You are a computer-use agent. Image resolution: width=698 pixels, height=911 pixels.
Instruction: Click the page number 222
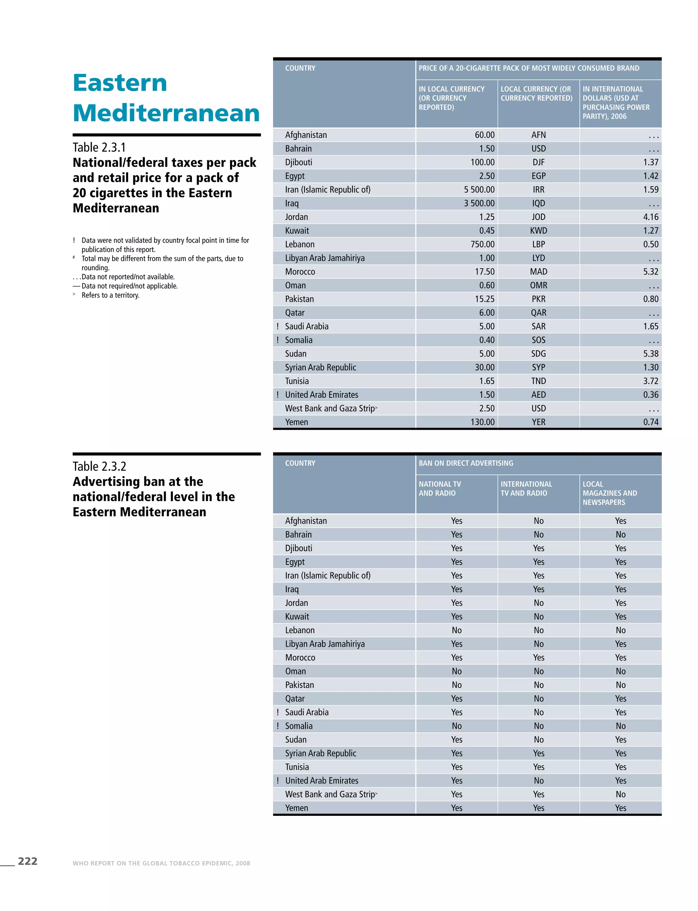coord(27,861)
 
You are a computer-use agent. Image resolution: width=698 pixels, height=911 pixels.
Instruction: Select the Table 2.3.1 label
coord(99,147)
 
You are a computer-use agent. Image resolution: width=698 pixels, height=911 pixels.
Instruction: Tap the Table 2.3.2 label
coord(99,466)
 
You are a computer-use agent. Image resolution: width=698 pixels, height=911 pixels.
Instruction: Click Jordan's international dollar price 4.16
coord(650,217)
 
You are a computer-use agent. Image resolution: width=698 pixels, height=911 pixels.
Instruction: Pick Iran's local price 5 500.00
coord(479,190)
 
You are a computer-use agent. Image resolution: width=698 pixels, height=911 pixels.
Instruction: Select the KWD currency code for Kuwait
coord(538,231)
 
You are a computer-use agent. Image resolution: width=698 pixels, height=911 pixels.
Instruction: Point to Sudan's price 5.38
coord(650,354)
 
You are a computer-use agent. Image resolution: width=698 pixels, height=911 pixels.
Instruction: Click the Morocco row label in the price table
coord(300,272)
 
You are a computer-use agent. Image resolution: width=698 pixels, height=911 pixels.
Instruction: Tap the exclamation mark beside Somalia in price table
coord(277,340)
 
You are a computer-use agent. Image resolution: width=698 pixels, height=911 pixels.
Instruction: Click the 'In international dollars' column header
coord(616,103)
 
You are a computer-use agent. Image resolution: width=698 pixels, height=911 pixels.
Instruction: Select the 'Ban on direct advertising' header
coord(466,463)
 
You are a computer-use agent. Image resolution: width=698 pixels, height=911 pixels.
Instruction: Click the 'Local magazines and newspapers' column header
coord(609,493)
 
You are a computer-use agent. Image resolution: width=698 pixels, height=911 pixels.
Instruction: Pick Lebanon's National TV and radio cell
coord(457,630)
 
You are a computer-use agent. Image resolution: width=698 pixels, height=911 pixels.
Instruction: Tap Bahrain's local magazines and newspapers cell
coord(620,535)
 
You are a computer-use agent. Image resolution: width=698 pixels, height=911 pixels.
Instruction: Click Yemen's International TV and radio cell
coord(538,808)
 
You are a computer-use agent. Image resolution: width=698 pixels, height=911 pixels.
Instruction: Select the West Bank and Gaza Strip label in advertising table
coord(330,794)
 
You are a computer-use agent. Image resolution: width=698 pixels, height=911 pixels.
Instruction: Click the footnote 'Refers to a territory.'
coord(110,295)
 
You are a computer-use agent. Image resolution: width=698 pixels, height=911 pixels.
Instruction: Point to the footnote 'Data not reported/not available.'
coord(127,277)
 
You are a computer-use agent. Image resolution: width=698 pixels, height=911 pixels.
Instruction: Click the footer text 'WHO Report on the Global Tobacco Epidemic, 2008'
coord(161,863)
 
